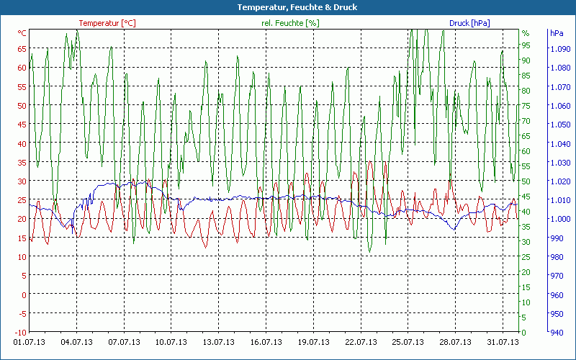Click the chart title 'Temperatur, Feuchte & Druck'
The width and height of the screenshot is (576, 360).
pos(287,7)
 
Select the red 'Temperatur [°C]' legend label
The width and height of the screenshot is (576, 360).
pos(107,23)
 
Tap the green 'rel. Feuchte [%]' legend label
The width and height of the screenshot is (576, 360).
pos(289,23)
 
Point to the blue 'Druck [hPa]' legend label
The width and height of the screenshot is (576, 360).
pos(469,23)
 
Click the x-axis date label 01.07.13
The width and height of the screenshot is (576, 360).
pos(30,342)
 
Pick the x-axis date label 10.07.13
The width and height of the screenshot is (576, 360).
pos(171,342)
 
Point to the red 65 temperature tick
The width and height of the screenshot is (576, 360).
pos(22,49)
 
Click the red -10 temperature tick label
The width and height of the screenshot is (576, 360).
pos(20,332)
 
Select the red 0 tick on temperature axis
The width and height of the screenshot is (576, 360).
pos(24,294)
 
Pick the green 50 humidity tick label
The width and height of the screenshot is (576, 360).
pos(526,181)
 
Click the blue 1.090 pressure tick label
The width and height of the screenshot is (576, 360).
pos(559,49)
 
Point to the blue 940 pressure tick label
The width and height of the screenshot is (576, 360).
pos(557,332)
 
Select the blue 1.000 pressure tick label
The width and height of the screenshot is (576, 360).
pos(559,219)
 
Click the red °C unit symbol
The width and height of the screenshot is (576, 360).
pos(22,33)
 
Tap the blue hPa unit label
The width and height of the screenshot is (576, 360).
pos(557,33)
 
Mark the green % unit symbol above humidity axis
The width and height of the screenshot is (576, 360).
pos(526,33)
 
